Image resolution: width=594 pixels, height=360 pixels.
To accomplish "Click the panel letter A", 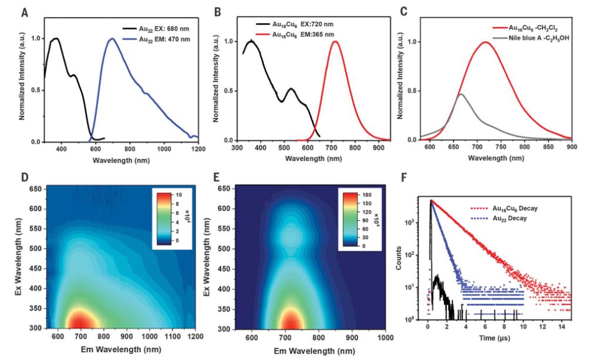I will point(25,11).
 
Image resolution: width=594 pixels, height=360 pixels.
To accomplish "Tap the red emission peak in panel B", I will point(336,42).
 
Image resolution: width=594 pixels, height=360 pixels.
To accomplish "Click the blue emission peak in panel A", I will point(112,39).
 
